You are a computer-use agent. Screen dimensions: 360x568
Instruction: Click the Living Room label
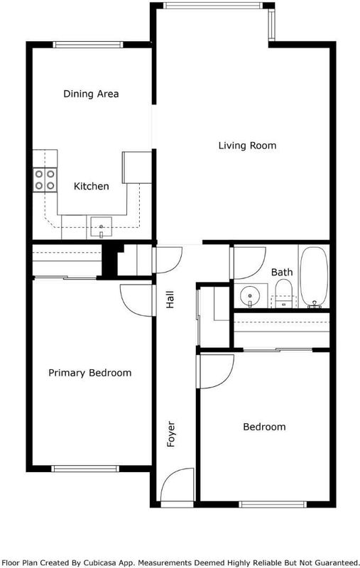[247, 146]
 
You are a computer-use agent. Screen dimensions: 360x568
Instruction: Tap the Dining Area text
[91, 94]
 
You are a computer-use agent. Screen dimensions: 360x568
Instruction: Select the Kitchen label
[92, 186]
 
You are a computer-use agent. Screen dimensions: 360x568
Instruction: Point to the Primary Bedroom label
[89, 373]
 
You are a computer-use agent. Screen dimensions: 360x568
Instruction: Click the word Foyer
[170, 434]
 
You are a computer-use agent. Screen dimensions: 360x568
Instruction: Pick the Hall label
[170, 300]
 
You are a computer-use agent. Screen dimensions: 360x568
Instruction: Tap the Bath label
[282, 272]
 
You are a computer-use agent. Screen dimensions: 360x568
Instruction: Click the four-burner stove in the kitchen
[45, 180]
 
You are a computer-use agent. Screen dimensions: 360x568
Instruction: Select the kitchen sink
[101, 226]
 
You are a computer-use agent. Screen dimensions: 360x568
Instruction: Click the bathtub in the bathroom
[314, 277]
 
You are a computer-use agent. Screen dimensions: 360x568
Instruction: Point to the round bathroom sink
[250, 296]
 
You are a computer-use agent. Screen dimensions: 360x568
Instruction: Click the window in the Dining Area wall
[88, 45]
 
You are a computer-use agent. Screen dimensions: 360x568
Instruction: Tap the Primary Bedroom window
[85, 469]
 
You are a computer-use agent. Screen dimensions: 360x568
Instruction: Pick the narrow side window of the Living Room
[271, 24]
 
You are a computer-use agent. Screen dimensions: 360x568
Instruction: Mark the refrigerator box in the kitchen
[137, 168]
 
